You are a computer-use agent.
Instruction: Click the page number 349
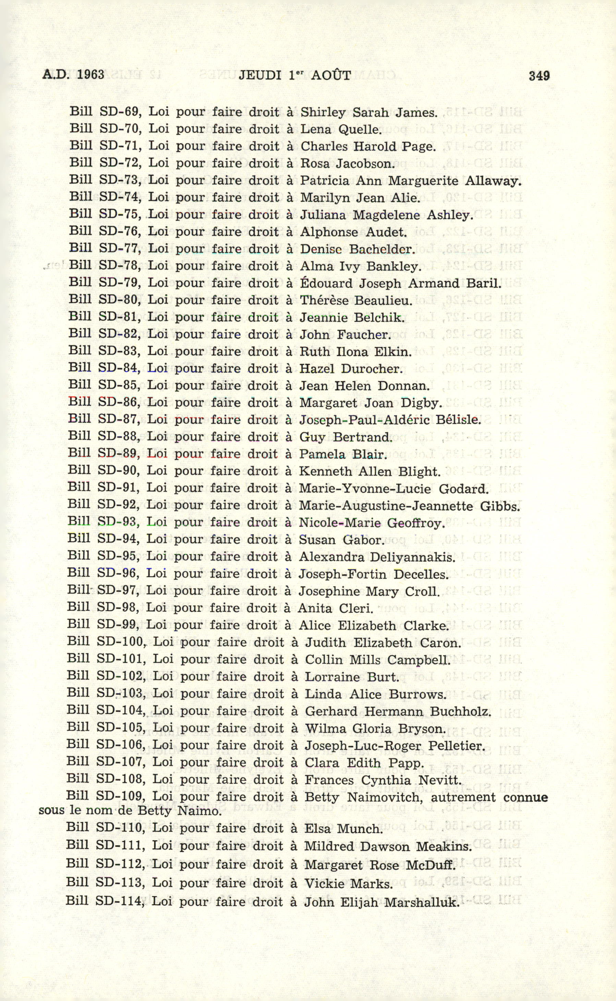coord(539,76)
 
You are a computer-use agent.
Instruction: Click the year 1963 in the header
coord(90,75)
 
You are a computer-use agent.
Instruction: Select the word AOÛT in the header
coord(330,75)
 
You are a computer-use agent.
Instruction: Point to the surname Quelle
coord(360,130)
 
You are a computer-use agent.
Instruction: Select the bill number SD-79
coord(120,283)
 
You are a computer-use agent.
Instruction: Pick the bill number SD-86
coord(119,403)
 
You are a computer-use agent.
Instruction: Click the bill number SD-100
coord(122,643)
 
